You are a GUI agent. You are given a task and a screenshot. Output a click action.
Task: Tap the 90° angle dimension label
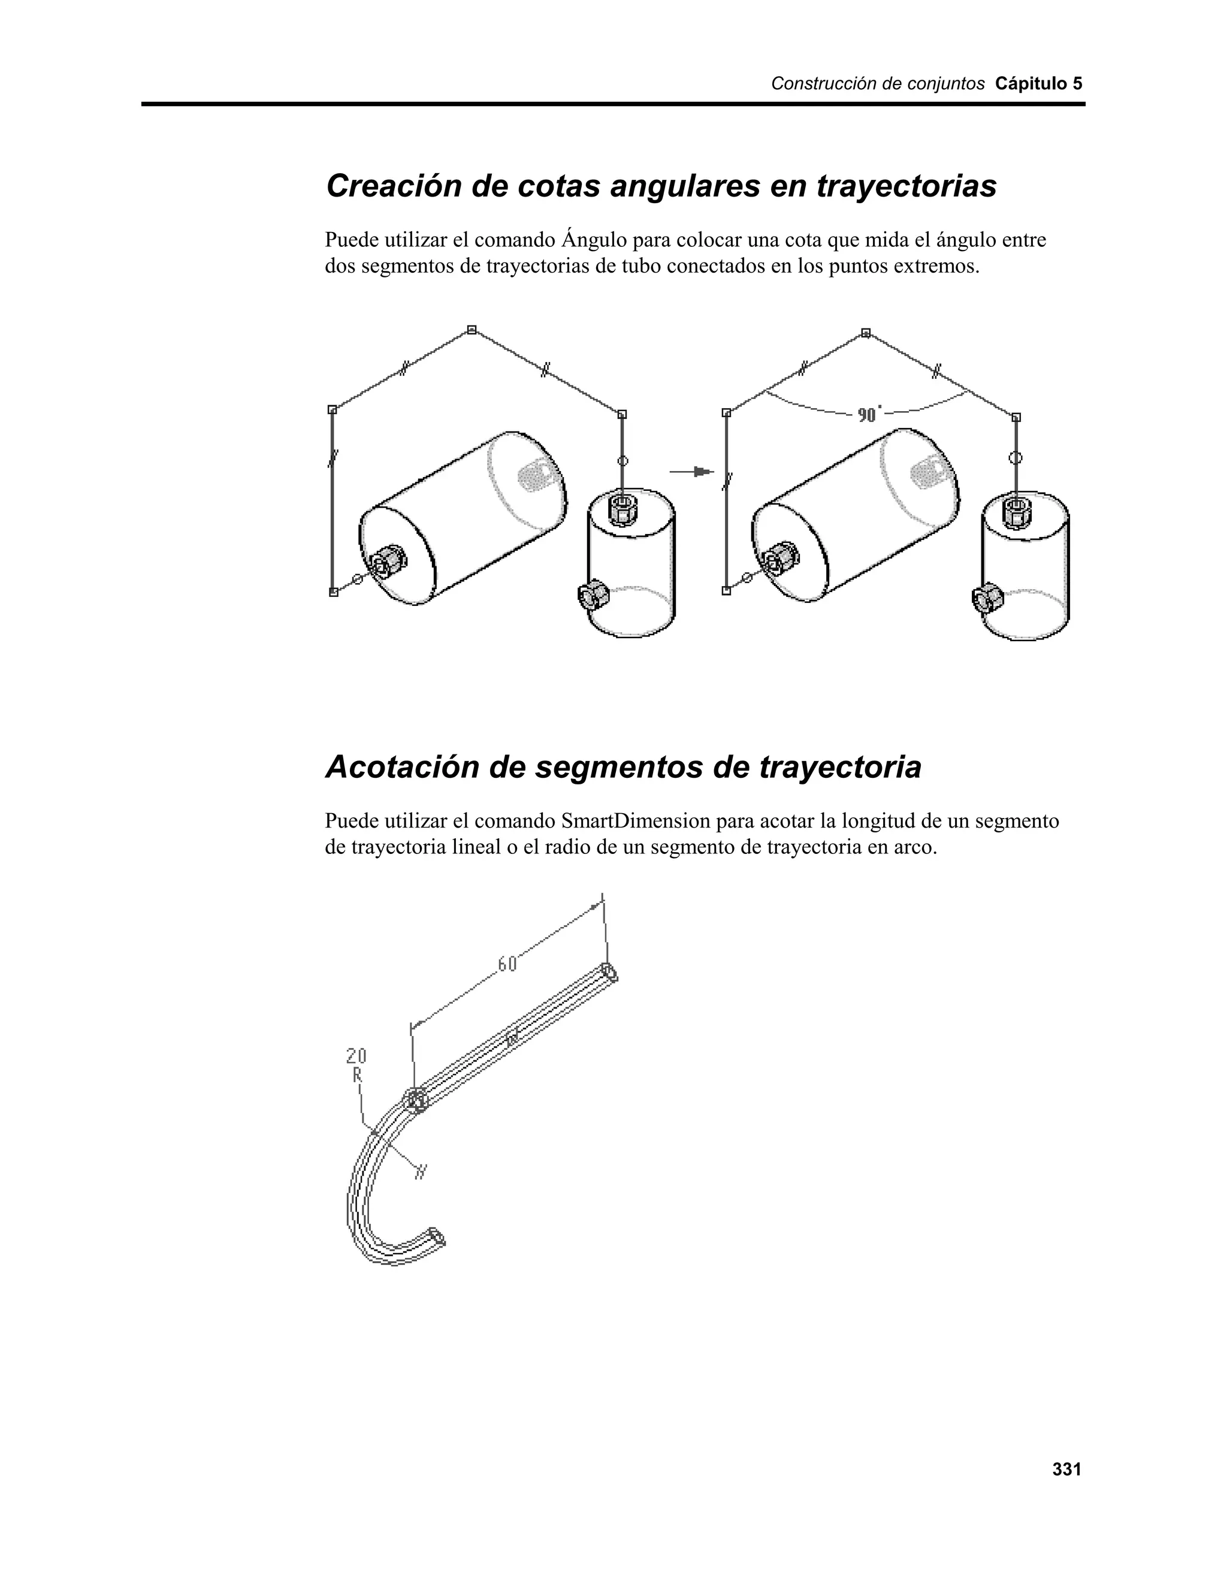pos(869,415)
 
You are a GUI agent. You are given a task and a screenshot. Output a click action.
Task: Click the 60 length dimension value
pos(507,964)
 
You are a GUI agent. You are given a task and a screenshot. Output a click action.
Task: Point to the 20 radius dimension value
pos(356,1056)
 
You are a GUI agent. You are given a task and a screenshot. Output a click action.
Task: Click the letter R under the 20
pos(357,1074)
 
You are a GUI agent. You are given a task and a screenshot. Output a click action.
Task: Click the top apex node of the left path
pos(472,330)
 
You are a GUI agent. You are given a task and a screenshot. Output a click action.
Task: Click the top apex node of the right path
pos(865,333)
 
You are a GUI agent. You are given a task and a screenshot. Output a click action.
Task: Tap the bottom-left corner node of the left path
pos(334,592)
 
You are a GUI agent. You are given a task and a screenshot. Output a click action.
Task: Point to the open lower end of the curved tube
pos(437,1237)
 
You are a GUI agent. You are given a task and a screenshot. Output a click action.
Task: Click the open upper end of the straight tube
pos(609,972)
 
